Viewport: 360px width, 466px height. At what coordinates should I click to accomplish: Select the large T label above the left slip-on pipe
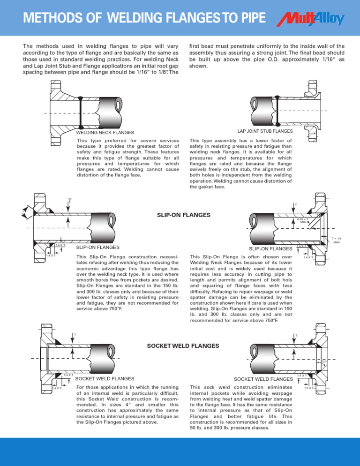pos(69,202)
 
